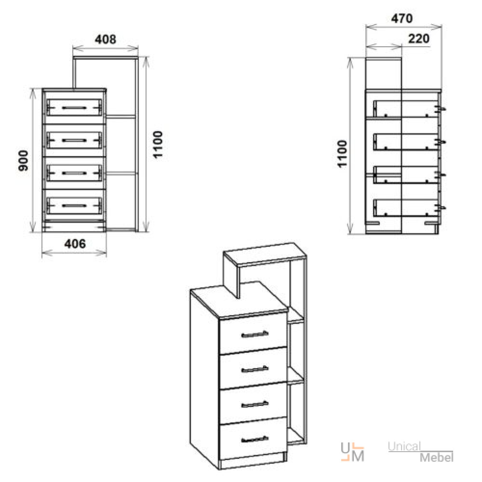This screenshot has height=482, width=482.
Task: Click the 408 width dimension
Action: [x=106, y=40]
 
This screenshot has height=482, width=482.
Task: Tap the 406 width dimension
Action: [x=75, y=244]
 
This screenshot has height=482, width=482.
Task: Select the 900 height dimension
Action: [x=23, y=161]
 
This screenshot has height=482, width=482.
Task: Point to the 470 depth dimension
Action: [x=402, y=19]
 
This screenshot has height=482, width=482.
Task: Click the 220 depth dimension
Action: [x=419, y=39]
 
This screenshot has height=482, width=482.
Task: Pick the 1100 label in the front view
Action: [x=158, y=145]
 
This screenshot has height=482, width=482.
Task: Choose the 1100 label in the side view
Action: [x=342, y=154]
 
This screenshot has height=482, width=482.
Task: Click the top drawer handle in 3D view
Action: [x=255, y=334]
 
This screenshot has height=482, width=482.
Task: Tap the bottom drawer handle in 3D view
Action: [x=255, y=439]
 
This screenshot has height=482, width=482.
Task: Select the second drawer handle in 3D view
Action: [x=255, y=369]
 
